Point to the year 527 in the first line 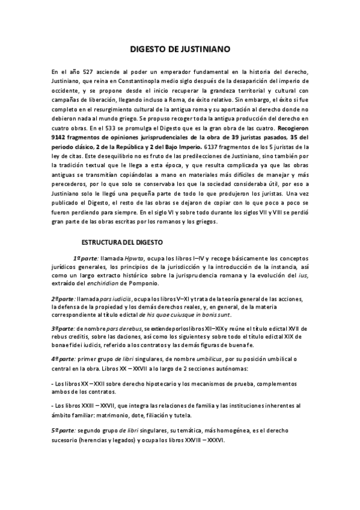click(x=83, y=72)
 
